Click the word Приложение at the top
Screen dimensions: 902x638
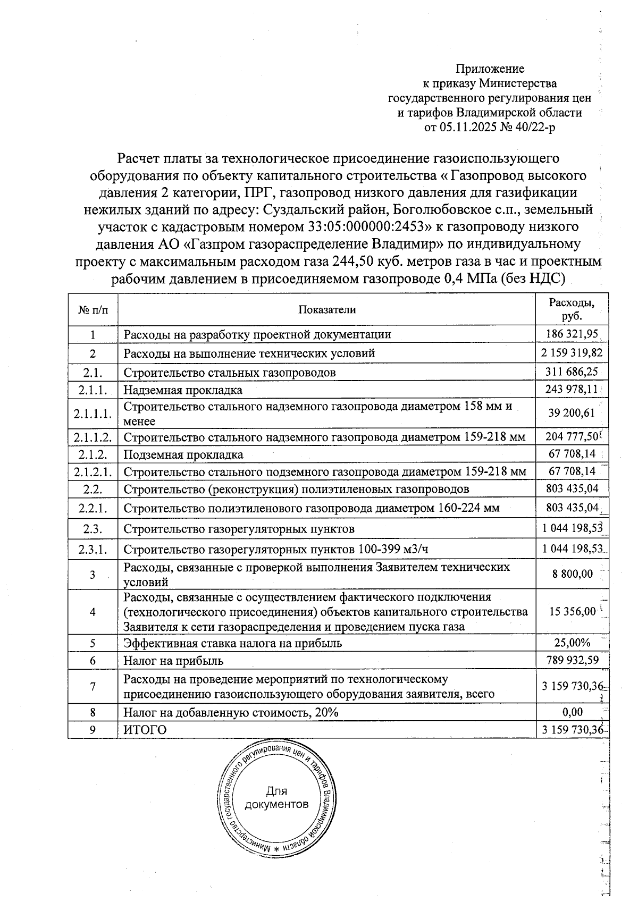tap(490, 69)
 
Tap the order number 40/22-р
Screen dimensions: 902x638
tap(533, 128)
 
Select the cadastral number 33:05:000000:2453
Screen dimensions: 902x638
tap(368, 227)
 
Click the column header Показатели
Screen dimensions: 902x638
tap(326, 309)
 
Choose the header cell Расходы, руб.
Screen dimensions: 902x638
tap(572, 309)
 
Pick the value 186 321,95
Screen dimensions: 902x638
tap(572, 334)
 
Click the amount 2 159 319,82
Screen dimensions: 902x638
tap(572, 352)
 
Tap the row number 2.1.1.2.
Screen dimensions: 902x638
tap(93, 437)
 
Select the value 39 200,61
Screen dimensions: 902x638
tap(572, 413)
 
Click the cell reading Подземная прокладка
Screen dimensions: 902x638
tap(183, 454)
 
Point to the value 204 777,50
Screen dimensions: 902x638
tap(572, 437)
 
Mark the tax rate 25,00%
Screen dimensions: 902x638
tap(572, 643)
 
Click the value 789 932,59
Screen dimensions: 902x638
tap(572, 660)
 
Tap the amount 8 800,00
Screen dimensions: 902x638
tap(572, 574)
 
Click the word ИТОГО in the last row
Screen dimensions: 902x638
tap(145, 730)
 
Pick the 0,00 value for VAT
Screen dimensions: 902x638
tap(572, 712)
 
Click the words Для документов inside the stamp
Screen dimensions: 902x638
tap(276, 797)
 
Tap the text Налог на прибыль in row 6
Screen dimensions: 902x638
tap(173, 661)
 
